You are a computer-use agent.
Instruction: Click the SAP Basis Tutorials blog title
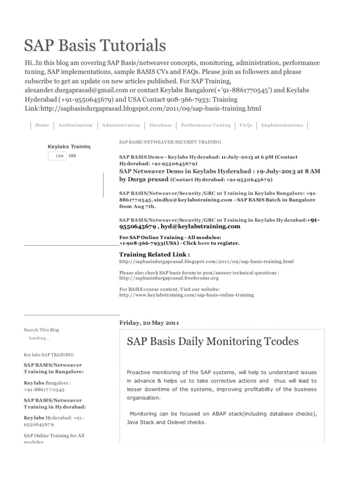coord(95,45)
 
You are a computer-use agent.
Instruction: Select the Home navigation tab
coord(42,125)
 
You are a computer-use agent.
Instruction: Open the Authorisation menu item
coord(75,125)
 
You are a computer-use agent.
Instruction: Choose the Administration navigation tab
coord(120,125)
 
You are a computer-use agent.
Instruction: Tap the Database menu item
coord(160,125)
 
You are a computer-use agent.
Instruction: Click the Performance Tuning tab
coord(205,125)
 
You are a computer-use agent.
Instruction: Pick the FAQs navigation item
coord(246,125)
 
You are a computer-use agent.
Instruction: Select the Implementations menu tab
coord(282,125)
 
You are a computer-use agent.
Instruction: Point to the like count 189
coord(72,156)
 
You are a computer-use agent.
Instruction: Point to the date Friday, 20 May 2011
coord(149,322)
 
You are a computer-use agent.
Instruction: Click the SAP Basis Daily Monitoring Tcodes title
coord(212,342)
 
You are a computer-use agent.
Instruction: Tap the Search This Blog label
coord(41,330)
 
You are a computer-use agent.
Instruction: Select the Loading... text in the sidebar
coord(38,338)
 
